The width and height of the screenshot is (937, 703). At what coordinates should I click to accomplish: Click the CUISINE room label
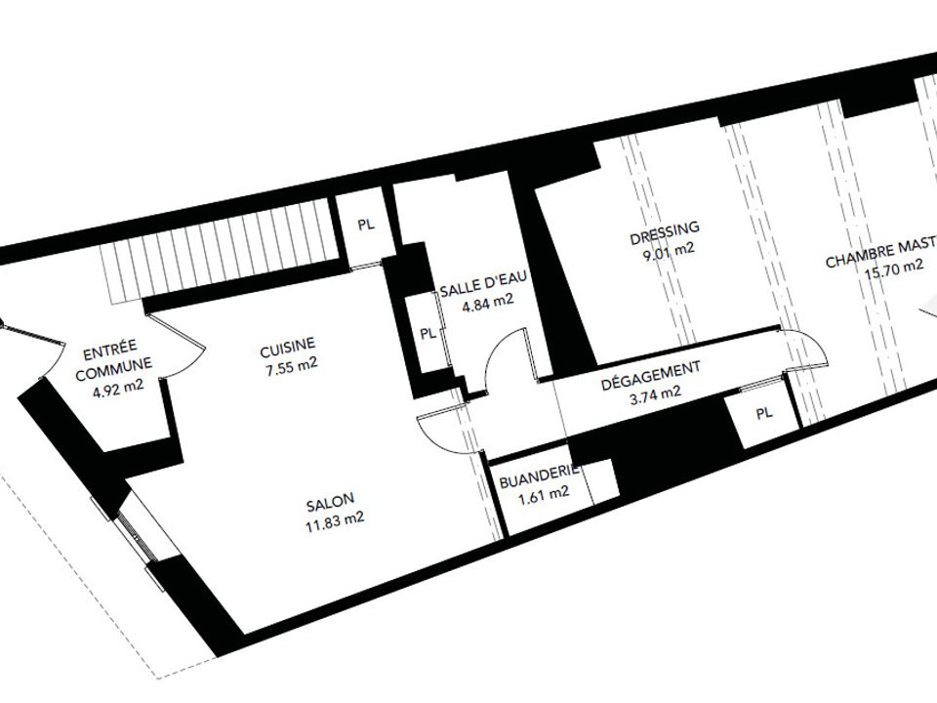click(287, 346)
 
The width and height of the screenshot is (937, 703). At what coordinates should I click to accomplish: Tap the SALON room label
click(331, 502)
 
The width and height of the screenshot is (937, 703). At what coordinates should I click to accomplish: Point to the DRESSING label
click(665, 233)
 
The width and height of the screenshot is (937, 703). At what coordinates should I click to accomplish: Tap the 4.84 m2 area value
click(488, 304)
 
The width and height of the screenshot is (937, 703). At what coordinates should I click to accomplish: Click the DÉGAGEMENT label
click(650, 376)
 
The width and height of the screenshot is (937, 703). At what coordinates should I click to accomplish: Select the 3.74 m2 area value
click(655, 395)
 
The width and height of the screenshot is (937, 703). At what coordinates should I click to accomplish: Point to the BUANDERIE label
click(539, 476)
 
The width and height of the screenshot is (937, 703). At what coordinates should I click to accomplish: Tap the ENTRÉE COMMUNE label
click(112, 360)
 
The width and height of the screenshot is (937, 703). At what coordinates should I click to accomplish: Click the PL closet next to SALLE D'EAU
click(428, 333)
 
